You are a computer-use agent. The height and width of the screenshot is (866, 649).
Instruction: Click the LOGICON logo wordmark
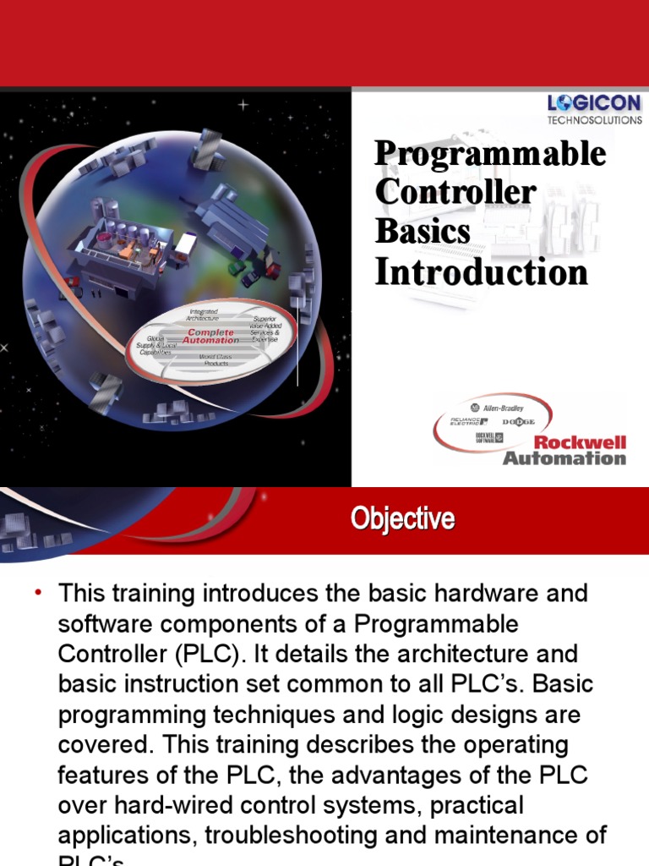pos(594,104)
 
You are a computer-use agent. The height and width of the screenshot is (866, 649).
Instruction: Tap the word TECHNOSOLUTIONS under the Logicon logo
pos(594,120)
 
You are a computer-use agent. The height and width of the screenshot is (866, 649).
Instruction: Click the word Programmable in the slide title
pos(490,154)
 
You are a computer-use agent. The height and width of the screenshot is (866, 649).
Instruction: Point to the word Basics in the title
pos(423,230)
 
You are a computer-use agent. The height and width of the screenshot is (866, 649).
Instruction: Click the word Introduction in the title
pos(481,272)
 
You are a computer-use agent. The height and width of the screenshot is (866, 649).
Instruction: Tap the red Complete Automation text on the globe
pos(210,337)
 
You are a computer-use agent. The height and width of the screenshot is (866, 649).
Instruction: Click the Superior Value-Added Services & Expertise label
pos(270,330)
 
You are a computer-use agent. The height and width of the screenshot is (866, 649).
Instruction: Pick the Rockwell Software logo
pos(488,436)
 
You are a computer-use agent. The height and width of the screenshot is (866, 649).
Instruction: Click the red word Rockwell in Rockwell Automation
pos(581,441)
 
